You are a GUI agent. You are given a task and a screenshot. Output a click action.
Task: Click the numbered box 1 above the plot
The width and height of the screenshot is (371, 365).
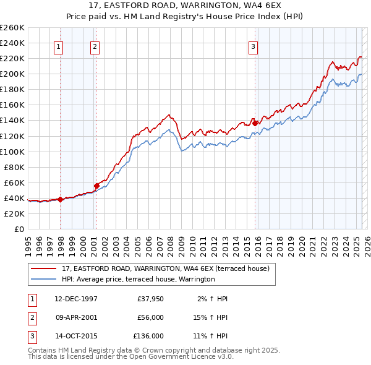pyautogui.click(x=58, y=46)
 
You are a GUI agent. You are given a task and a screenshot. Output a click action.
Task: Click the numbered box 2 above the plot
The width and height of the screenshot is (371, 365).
pyautogui.click(x=95, y=46)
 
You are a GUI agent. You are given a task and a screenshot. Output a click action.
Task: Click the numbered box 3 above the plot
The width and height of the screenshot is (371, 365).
pyautogui.click(x=254, y=46)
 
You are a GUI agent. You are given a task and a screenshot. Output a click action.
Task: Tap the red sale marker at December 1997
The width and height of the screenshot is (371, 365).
pyautogui.click(x=61, y=199)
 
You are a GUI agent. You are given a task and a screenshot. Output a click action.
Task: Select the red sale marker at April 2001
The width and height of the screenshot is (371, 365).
pyautogui.click(x=97, y=185)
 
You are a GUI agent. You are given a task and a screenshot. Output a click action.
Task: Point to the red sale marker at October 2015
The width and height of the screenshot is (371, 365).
pyautogui.click(x=255, y=123)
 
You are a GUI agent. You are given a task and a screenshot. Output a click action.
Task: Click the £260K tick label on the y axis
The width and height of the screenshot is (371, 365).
pyautogui.click(x=12, y=28)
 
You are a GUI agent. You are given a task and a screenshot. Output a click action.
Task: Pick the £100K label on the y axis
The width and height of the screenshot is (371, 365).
pyautogui.click(x=12, y=152)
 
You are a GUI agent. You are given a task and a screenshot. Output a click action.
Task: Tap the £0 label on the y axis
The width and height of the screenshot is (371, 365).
pyautogui.click(x=20, y=229)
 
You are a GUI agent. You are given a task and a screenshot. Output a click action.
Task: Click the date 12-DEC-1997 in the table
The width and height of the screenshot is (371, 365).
pyautogui.click(x=76, y=299)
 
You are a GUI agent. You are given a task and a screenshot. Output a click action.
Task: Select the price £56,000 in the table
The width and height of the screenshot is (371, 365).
pyautogui.click(x=150, y=318)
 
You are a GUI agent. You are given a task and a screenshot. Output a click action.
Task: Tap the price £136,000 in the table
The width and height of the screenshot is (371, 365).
pyautogui.click(x=148, y=337)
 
